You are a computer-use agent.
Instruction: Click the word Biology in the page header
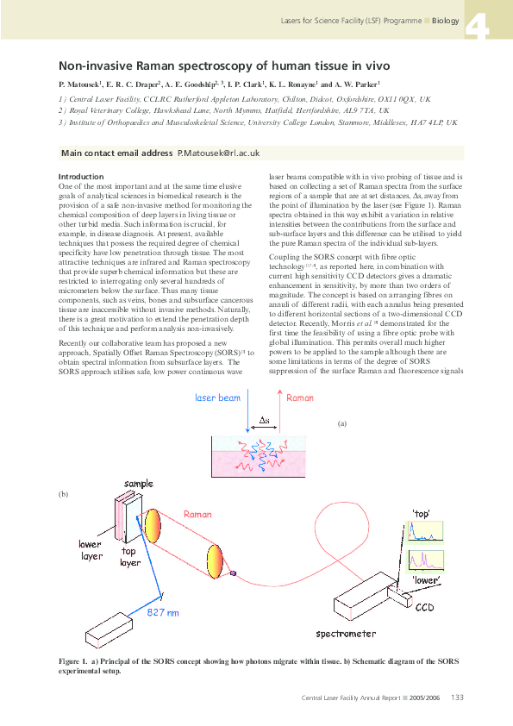[x=446, y=20]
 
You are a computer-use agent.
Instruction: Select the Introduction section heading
[x=80, y=177]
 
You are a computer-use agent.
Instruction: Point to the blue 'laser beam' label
[x=217, y=397]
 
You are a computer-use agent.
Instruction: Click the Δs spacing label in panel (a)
[x=265, y=420]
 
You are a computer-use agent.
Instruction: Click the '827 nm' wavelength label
[x=164, y=612]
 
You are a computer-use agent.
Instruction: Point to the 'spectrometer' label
[x=345, y=634]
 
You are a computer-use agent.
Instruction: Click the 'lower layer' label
[x=90, y=550]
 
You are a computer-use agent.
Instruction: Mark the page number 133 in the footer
[x=458, y=698]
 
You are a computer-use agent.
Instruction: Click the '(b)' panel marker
[x=62, y=494]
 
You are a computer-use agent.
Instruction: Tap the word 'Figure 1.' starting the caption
[x=75, y=660]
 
